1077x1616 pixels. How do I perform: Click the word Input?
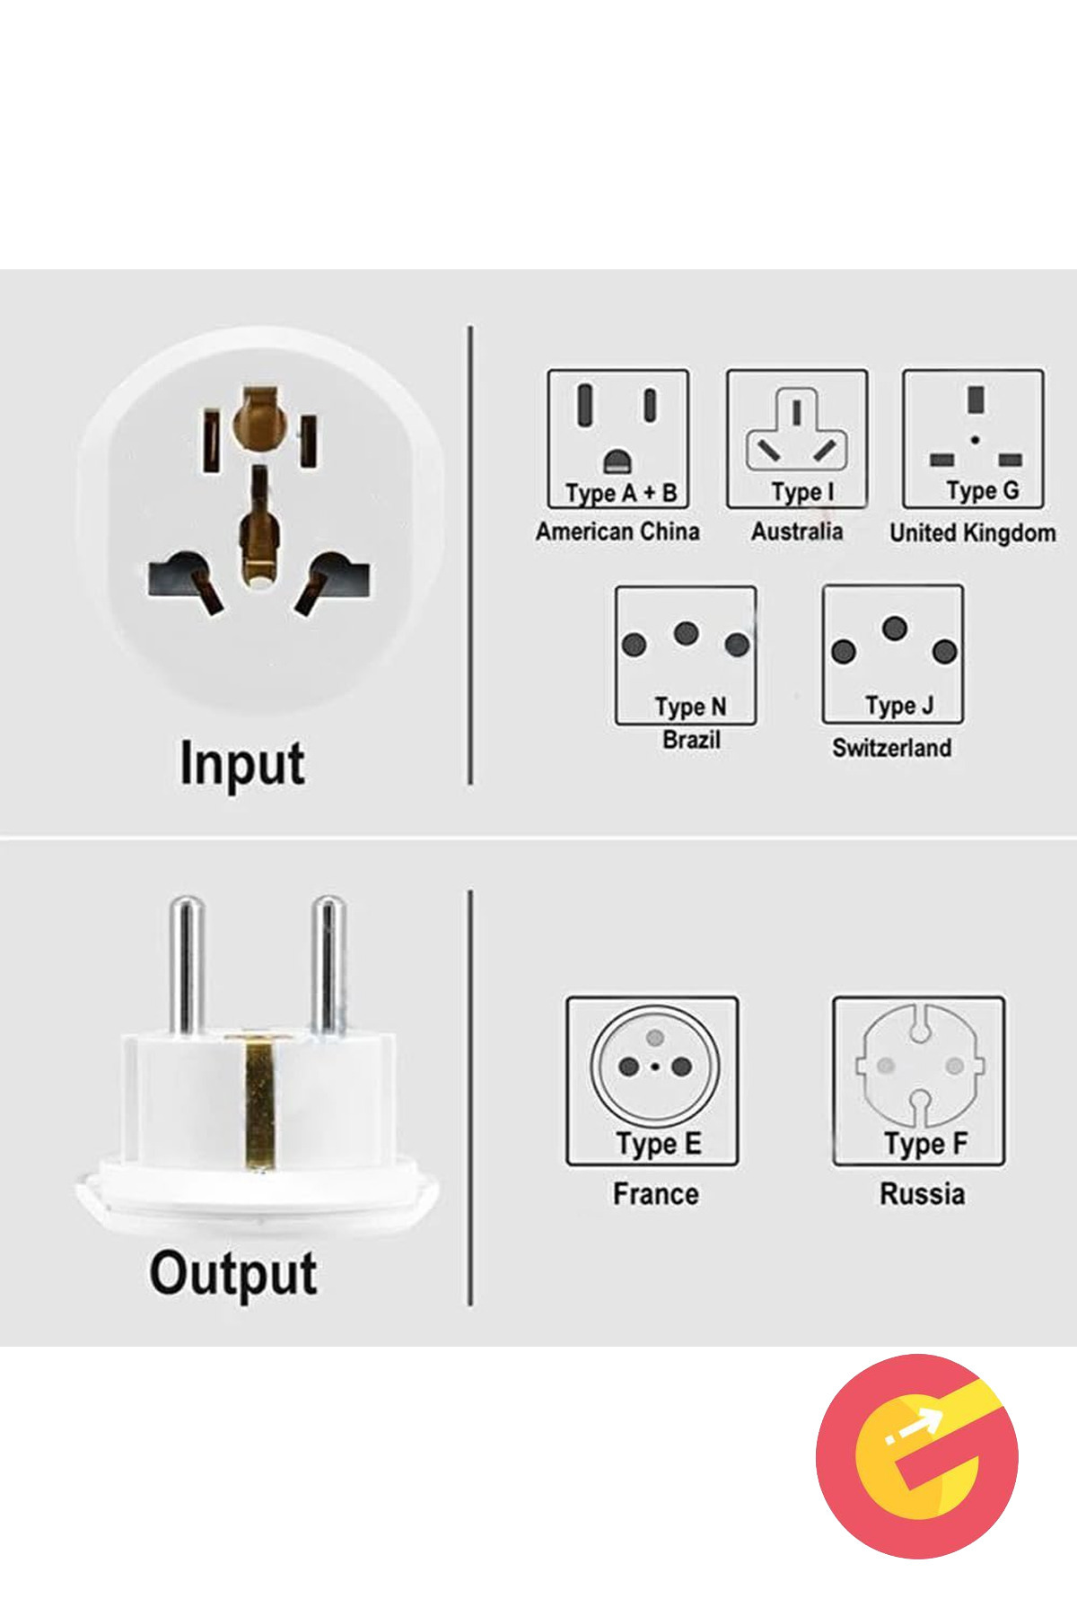242,764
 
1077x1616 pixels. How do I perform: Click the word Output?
233,1273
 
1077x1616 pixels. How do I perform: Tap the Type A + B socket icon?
618,439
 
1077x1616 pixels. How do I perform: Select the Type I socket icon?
797,439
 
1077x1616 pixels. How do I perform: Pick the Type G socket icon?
974,439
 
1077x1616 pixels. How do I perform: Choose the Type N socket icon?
686,655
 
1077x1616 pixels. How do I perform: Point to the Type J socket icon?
893,654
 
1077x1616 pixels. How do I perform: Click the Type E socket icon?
652,1081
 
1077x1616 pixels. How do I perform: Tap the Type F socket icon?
919,1081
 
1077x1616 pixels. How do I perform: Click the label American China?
617,531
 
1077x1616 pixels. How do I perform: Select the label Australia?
797,531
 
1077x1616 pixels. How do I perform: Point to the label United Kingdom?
973,532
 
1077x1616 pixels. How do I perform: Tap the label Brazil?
691,740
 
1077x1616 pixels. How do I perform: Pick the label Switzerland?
891,747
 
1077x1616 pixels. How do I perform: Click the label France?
656,1194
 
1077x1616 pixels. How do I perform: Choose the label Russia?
923,1194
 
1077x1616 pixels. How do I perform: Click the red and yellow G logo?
917,1456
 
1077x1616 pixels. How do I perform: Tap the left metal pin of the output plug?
187,965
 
